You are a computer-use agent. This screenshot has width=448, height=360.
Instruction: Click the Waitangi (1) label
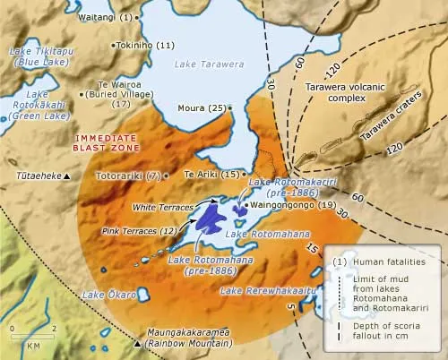tap(105, 17)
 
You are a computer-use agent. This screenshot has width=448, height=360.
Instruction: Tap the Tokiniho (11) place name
tap(143, 45)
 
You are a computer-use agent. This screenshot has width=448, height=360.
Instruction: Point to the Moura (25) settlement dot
tap(230, 107)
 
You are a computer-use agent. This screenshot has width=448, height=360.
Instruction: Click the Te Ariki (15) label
tap(211, 174)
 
